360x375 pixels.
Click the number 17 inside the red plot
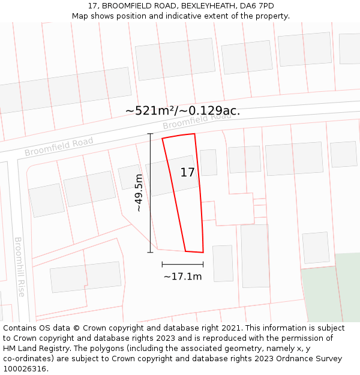[187, 173]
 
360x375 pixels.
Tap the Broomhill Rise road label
[19, 266]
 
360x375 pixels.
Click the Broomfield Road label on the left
[59, 146]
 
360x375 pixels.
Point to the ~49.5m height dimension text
[139, 193]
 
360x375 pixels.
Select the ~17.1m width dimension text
[182, 277]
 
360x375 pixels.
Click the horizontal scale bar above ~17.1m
[182, 264]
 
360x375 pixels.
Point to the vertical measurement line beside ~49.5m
[150, 193]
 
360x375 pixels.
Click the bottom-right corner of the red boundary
[203, 253]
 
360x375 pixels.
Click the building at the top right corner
[349, 48]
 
